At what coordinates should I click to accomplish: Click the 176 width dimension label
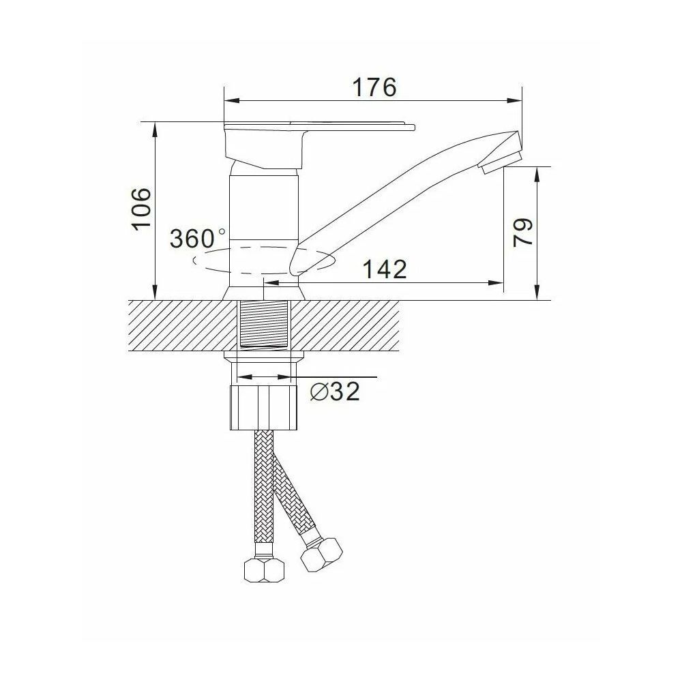pyautogui.click(x=374, y=87)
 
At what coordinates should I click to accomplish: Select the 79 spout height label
pyautogui.click(x=522, y=233)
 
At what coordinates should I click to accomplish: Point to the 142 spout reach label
pyautogui.click(x=385, y=269)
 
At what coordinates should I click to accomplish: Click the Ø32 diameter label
pyautogui.click(x=335, y=392)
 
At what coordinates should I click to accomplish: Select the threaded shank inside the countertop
pyautogui.click(x=265, y=323)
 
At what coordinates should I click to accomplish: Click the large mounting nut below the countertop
pyautogui.click(x=263, y=408)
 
